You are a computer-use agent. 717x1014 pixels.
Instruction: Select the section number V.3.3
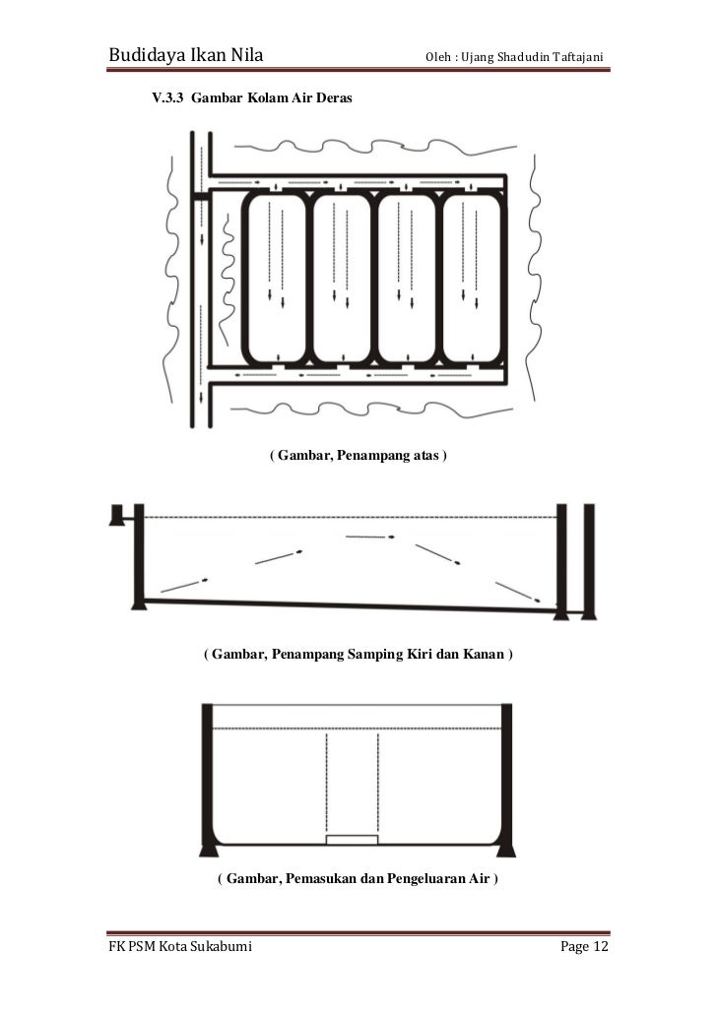click(x=166, y=100)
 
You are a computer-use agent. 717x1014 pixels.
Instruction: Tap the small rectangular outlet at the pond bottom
click(x=352, y=840)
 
